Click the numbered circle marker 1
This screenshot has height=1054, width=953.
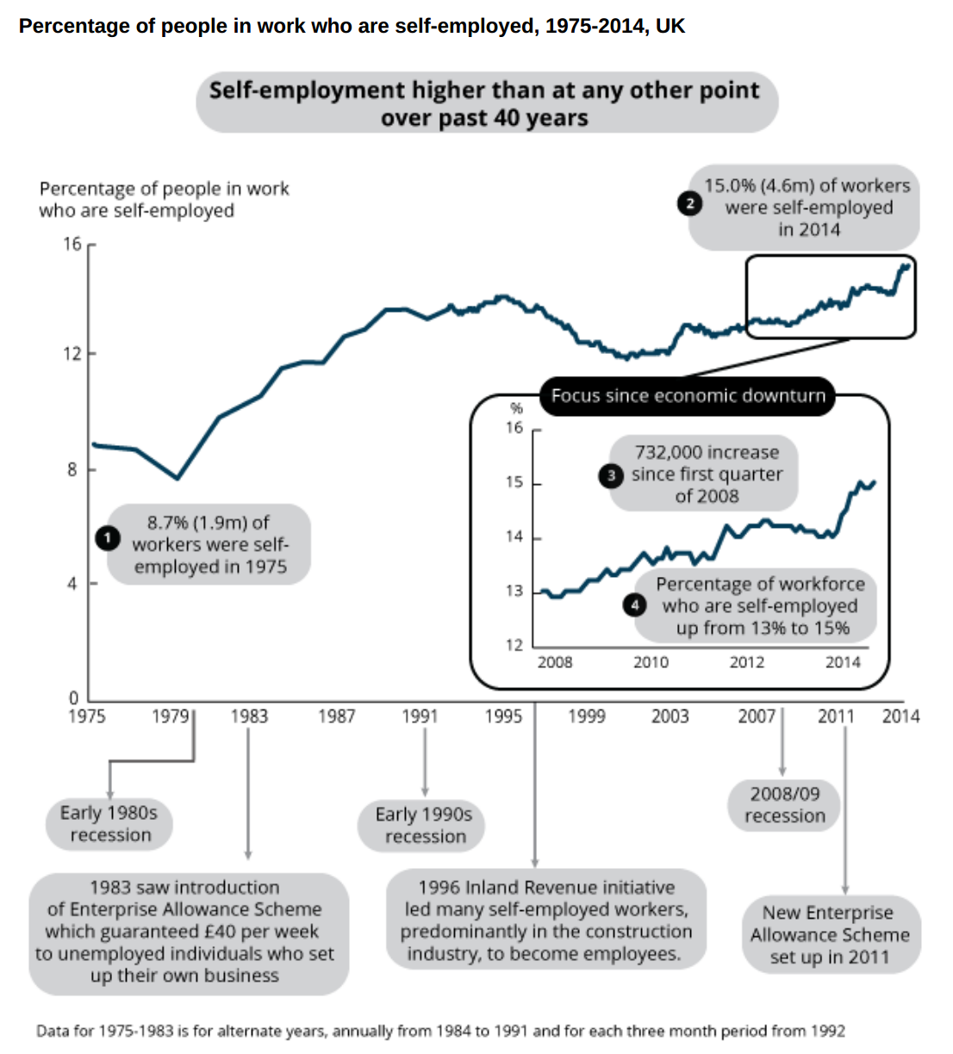pyautogui.click(x=107, y=538)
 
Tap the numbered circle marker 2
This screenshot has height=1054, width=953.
pyautogui.click(x=689, y=204)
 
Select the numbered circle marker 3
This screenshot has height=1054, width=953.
pyautogui.click(x=611, y=475)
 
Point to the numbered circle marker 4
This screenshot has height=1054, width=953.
pyautogui.click(x=635, y=604)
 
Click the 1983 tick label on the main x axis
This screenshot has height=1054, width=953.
pyautogui.click(x=249, y=716)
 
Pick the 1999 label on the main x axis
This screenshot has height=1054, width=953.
pyautogui.click(x=586, y=716)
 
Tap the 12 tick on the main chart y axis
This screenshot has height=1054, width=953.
pyautogui.click(x=72, y=354)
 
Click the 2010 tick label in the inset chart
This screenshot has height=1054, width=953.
pyautogui.click(x=651, y=662)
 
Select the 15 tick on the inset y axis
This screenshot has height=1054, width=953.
pyautogui.click(x=514, y=482)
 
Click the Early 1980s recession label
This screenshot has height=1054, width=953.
pyautogui.click(x=109, y=824)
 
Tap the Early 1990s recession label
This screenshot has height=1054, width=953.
pyautogui.click(x=424, y=825)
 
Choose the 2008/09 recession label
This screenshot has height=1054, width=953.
pyautogui.click(x=784, y=805)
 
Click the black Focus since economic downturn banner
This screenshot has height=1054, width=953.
pyautogui.click(x=688, y=396)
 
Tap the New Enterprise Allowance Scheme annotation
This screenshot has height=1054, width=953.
pyautogui.click(x=830, y=935)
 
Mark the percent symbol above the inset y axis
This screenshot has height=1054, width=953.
pyautogui.click(x=517, y=409)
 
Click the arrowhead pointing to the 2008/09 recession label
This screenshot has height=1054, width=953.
pyautogui.click(x=782, y=771)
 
